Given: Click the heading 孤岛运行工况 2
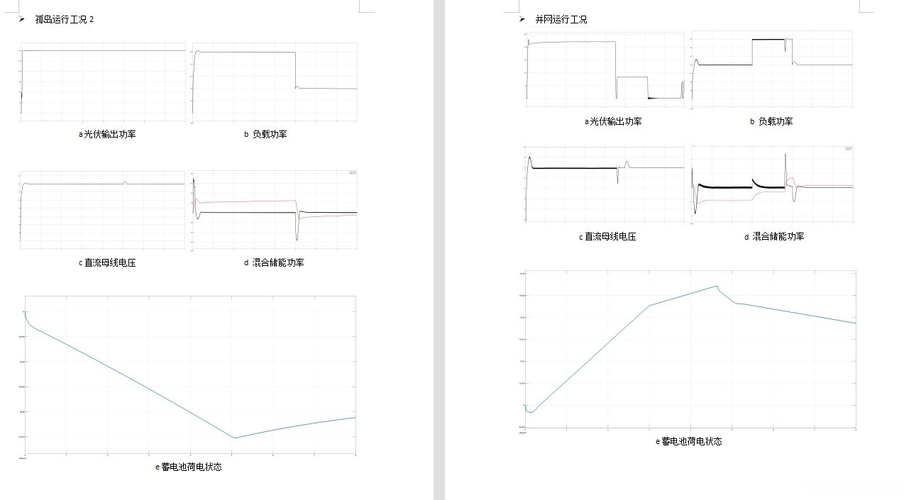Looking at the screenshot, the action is click(65, 20).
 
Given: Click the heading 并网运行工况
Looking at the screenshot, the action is click(561, 20).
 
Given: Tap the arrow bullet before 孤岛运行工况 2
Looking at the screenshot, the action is click(22, 19).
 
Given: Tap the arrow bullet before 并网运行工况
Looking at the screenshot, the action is click(522, 19).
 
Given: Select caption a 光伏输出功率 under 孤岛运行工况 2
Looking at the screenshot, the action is click(106, 134).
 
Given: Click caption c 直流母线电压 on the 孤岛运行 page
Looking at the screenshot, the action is click(106, 262).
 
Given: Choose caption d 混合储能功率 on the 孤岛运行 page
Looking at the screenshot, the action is click(273, 262).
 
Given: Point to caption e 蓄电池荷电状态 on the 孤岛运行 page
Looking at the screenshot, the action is click(189, 467).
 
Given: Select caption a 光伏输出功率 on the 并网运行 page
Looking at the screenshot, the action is click(612, 121).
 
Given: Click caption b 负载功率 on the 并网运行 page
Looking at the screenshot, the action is click(771, 121).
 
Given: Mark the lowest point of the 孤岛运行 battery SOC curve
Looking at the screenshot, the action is click(235, 438).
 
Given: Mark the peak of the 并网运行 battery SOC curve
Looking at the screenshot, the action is click(717, 286).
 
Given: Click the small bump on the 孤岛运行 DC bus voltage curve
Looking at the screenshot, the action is click(125, 182).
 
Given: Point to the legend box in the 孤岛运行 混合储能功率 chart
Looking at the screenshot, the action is click(353, 172).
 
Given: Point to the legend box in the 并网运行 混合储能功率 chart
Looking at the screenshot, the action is click(848, 148).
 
